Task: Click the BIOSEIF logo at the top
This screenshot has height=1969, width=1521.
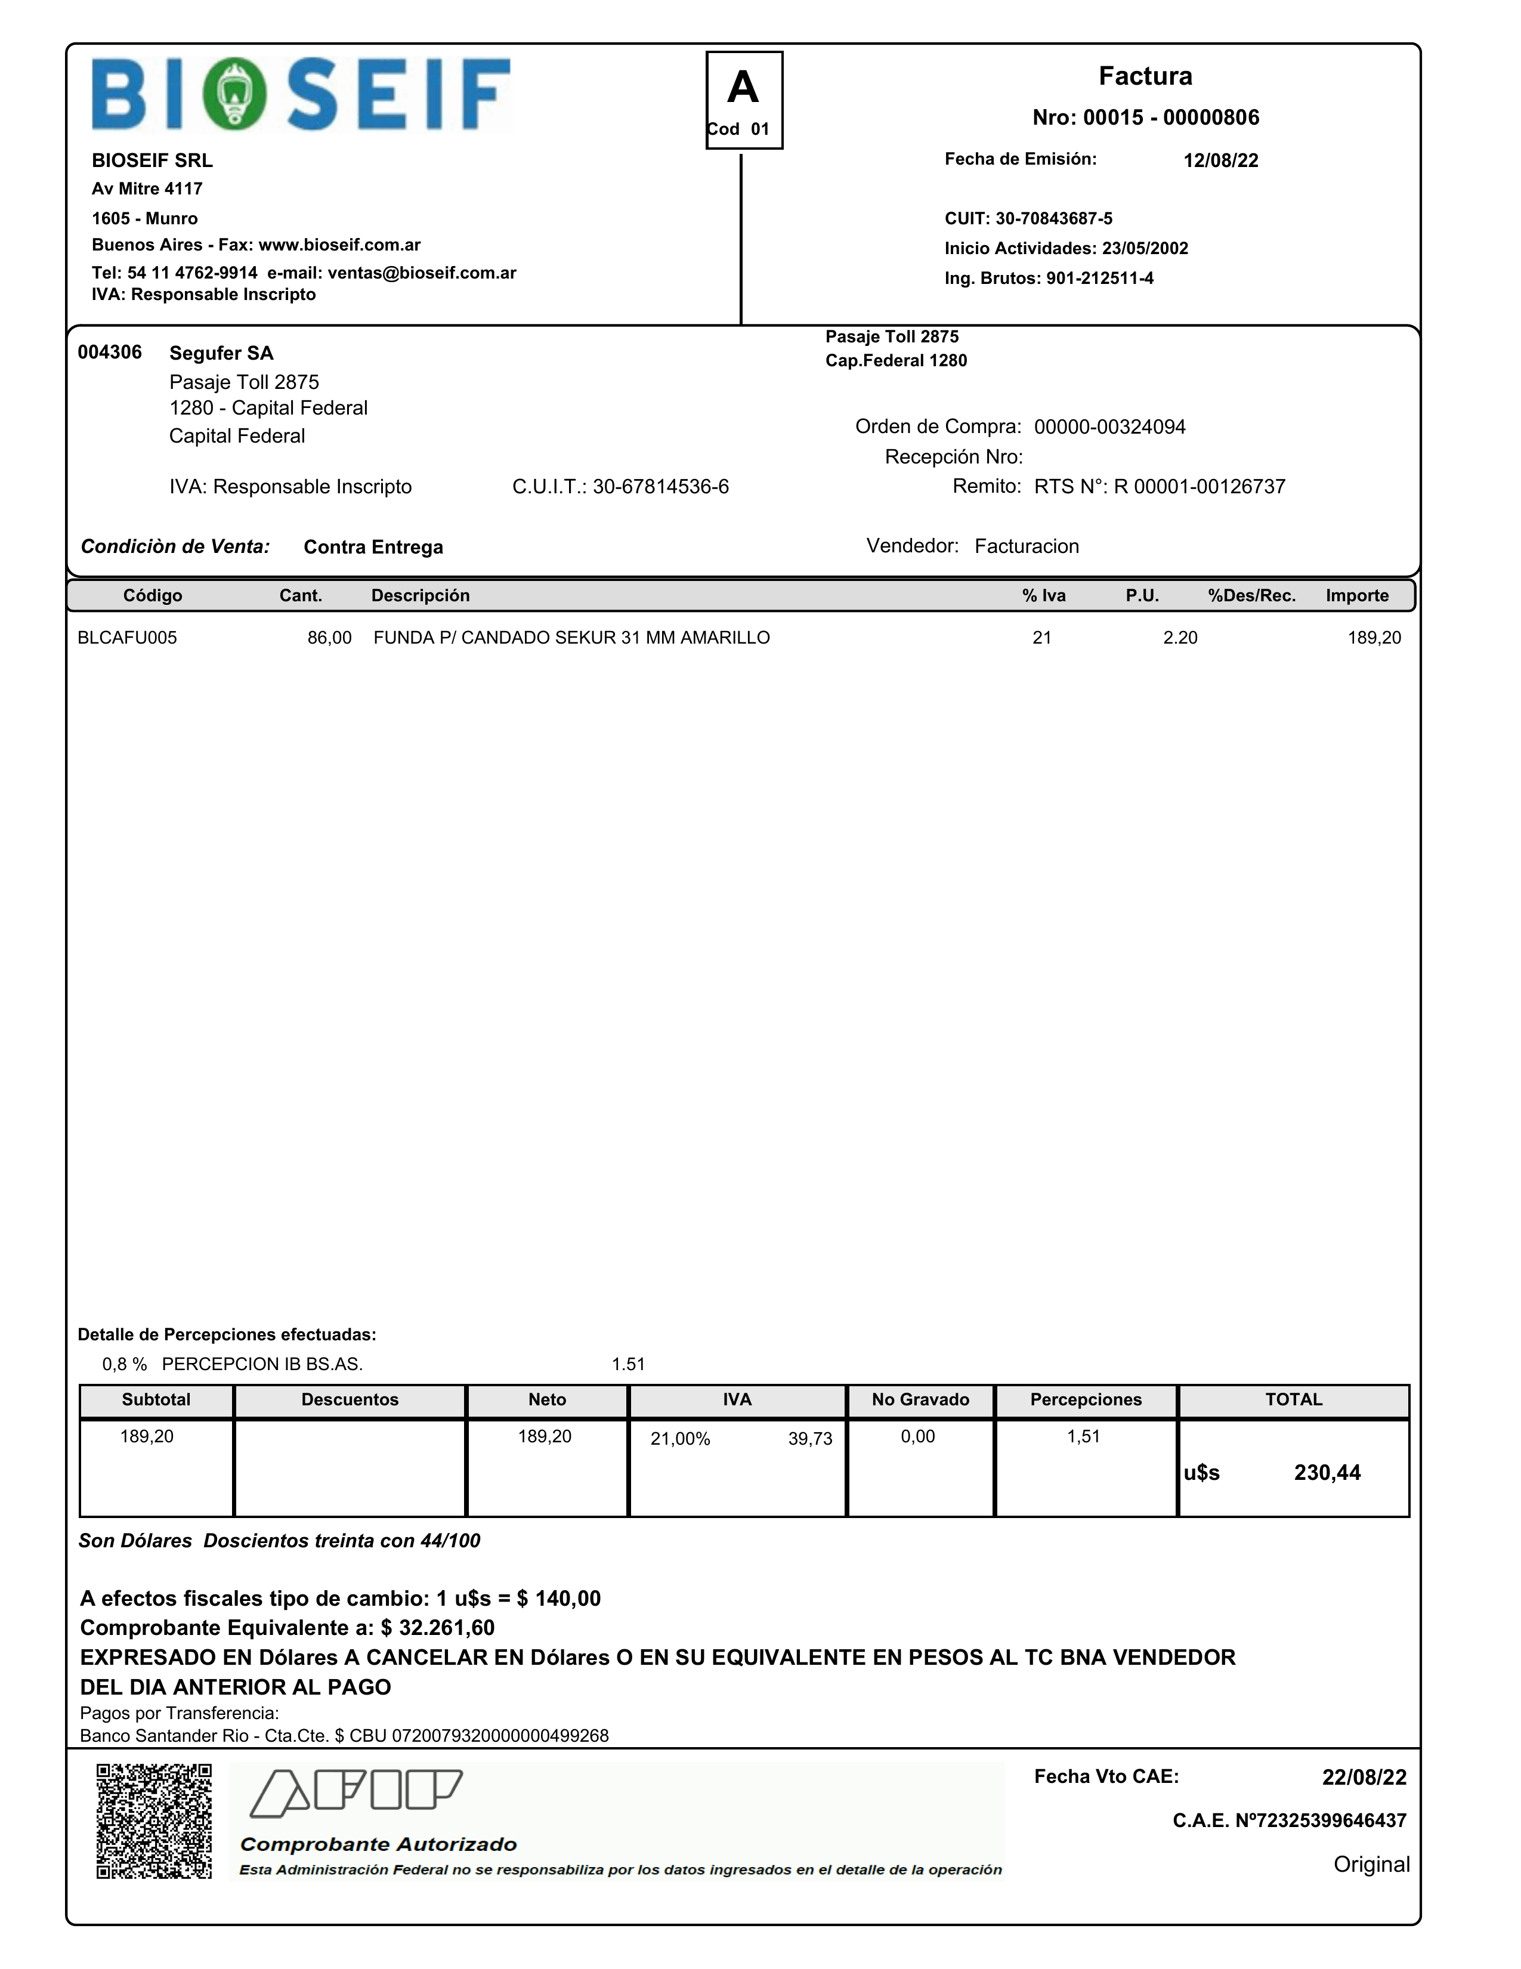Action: coord(301,94)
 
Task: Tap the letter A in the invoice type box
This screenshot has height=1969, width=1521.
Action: coord(743,88)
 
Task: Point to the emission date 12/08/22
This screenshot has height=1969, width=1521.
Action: coord(1221,160)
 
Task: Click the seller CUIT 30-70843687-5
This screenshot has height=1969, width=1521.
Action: coord(1053,218)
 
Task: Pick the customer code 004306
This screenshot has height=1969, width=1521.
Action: coord(110,353)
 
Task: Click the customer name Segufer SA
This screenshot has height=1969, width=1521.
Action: coord(221,353)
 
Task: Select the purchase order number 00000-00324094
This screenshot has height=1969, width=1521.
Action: coord(1109,427)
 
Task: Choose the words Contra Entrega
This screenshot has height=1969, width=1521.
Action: coord(373,547)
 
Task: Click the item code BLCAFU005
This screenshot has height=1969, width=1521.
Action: coord(127,638)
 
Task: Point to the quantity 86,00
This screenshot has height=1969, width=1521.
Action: coord(329,638)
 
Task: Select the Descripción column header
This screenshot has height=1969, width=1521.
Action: coord(420,596)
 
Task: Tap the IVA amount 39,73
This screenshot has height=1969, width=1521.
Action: coord(809,1439)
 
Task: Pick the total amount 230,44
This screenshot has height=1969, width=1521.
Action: coord(1327,1473)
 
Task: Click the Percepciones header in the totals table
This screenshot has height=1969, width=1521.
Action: coord(1086,1400)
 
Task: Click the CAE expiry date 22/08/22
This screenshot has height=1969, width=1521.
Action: coord(1363,1777)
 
